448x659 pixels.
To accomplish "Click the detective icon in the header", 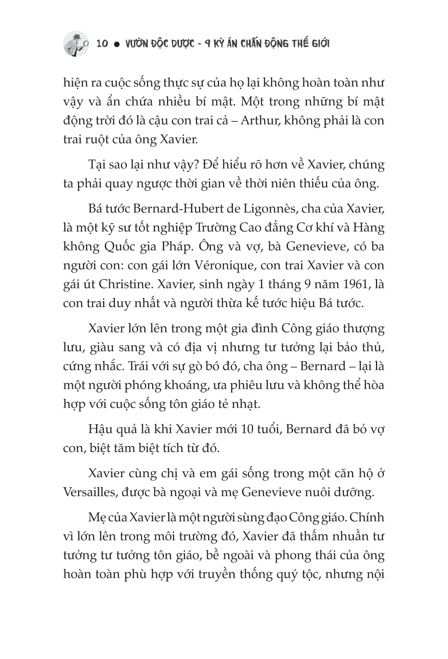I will (76, 43).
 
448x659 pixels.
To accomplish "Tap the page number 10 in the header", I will (102, 44).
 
